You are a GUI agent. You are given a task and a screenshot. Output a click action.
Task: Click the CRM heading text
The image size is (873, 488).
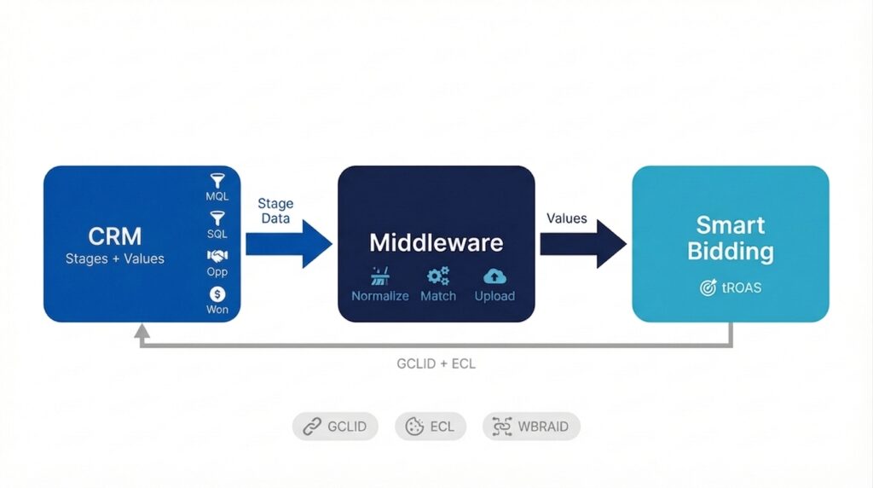click(x=115, y=235)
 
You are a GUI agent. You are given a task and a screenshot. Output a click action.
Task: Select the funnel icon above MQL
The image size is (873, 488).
click(x=217, y=181)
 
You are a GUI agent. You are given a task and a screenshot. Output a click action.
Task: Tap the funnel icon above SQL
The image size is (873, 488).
click(x=217, y=218)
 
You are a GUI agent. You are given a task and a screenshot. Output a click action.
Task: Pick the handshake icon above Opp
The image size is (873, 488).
click(x=217, y=256)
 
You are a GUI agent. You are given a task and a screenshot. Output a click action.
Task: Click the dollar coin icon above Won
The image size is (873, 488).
click(x=217, y=293)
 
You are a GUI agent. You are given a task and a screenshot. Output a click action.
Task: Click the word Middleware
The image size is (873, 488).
click(x=436, y=242)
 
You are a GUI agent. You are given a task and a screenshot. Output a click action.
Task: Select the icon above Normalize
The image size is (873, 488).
click(x=380, y=276)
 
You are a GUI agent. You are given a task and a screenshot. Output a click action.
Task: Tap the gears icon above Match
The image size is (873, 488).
click(x=438, y=276)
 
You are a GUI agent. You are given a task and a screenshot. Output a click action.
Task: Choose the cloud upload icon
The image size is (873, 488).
click(x=494, y=276)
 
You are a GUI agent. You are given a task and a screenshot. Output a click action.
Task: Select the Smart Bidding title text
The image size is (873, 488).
click(x=730, y=238)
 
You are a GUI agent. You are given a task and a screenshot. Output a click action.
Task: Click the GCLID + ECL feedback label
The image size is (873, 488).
click(x=436, y=363)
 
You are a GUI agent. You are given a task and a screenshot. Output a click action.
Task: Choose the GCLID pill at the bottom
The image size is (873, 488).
click(x=335, y=427)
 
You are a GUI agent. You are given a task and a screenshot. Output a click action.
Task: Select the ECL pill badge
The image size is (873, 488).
click(x=431, y=427)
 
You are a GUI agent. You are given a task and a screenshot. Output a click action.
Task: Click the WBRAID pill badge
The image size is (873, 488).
click(x=531, y=427)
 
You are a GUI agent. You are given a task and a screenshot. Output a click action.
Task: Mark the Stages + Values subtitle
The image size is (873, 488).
click(x=115, y=259)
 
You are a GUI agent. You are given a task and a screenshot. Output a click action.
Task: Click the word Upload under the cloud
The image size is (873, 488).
click(x=494, y=296)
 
